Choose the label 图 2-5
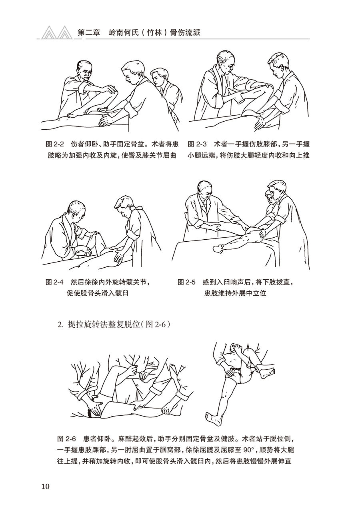pos(186,282)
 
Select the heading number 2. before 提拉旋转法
pos(60,324)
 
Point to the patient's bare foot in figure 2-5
pos(218,248)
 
